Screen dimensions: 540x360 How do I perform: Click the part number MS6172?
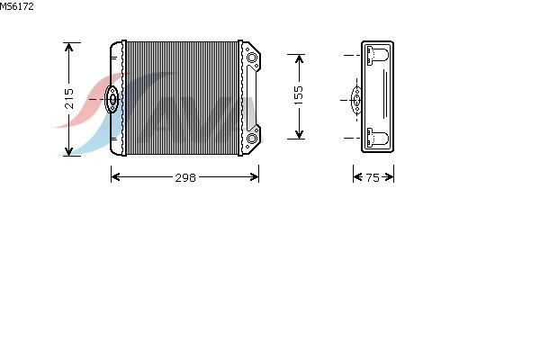pyautogui.click(x=16, y=6)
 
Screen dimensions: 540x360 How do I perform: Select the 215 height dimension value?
pyautogui.click(x=69, y=98)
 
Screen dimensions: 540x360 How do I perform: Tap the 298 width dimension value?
pyautogui.click(x=185, y=178)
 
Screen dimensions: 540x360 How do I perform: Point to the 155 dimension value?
pyautogui.click(x=299, y=95)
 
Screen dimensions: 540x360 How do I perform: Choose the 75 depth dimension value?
pyautogui.click(x=373, y=178)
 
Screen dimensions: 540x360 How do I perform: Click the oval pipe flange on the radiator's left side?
pyautogui.click(x=112, y=99)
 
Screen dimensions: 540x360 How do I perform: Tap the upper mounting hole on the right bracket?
pyautogui.click(x=252, y=58)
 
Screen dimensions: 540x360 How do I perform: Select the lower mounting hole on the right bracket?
pyautogui.click(x=252, y=139)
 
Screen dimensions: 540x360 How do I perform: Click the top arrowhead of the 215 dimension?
pyautogui.click(x=69, y=47)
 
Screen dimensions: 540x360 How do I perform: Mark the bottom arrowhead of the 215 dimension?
pyautogui.click(x=69, y=151)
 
